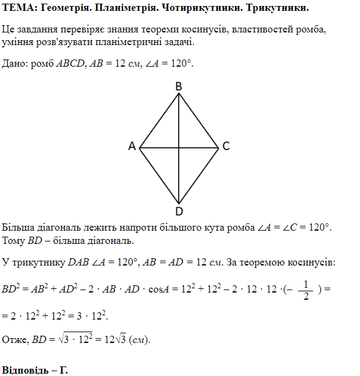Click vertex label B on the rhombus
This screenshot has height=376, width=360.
point(179,86)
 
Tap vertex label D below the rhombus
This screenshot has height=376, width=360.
point(179,211)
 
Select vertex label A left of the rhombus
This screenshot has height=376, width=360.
point(132,147)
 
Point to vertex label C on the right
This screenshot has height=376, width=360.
point(226,146)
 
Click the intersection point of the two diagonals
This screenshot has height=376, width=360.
point(179,147)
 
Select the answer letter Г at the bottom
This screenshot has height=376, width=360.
point(63,370)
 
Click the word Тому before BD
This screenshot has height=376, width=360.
point(14,241)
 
